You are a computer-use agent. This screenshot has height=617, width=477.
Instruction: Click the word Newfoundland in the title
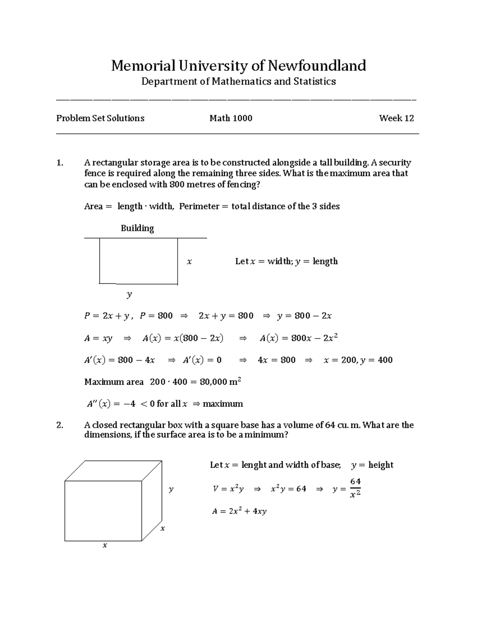pos(316,66)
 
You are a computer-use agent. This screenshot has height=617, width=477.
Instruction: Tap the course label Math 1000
pos(231,118)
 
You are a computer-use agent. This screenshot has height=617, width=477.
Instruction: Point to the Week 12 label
pos(396,118)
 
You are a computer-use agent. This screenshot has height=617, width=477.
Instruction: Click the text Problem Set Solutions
pos(100,118)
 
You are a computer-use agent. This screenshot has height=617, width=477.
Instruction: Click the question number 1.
pos(60,162)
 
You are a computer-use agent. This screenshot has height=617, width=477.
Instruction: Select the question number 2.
pos(60,425)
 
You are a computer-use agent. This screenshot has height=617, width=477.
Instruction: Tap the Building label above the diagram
pos(137,228)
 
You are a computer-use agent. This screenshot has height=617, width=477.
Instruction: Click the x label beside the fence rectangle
pos(189,261)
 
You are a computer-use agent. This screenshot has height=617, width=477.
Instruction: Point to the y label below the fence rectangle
pos(129,294)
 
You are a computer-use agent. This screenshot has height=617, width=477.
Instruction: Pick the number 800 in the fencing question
pos(176,184)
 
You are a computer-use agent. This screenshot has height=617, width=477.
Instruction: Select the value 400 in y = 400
pos(385,360)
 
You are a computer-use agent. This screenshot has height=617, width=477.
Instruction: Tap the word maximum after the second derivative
pos(223,404)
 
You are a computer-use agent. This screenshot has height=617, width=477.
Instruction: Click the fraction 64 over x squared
pos(355,488)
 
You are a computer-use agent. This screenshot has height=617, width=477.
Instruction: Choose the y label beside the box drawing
pos(171,489)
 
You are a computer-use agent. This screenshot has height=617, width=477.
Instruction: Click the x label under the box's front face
pos(105,545)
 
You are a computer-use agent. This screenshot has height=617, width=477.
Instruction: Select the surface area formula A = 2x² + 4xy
pos(239,511)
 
